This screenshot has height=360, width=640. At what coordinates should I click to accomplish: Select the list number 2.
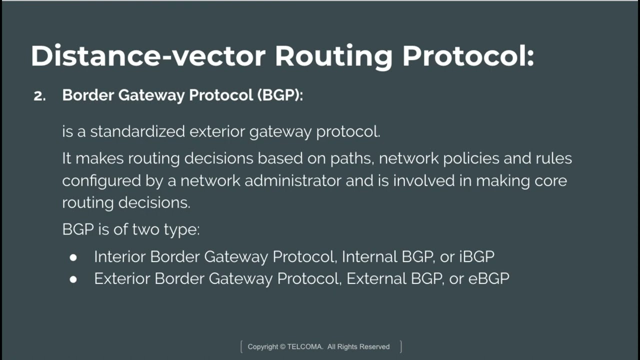[x=39, y=96]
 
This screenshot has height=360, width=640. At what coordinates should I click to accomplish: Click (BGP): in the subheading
[x=280, y=95]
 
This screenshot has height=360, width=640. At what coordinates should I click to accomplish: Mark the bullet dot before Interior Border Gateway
[x=73, y=257]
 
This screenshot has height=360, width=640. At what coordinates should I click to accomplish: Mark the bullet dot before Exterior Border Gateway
[x=73, y=279]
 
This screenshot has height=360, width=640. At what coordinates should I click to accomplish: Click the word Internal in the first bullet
[x=369, y=257]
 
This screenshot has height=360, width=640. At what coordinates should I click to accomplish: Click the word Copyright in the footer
[x=263, y=346]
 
